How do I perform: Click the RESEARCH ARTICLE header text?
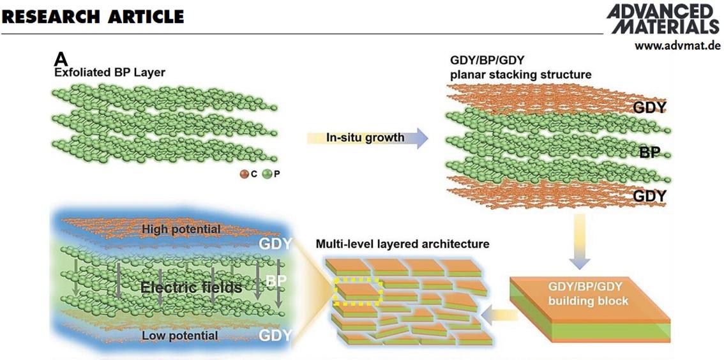pos(93,17)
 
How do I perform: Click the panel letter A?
pos(61,59)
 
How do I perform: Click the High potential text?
pos(181,229)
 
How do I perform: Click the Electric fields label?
pos(191,287)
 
